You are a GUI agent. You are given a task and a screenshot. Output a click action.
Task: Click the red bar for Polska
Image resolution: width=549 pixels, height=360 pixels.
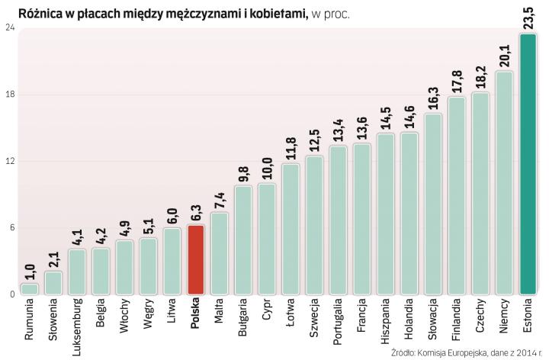[x=196, y=259]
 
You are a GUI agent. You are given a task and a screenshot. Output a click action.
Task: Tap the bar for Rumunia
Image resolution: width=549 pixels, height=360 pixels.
[x=30, y=288]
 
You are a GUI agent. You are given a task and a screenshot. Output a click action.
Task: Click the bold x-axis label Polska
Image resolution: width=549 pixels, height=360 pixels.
[x=196, y=313]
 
